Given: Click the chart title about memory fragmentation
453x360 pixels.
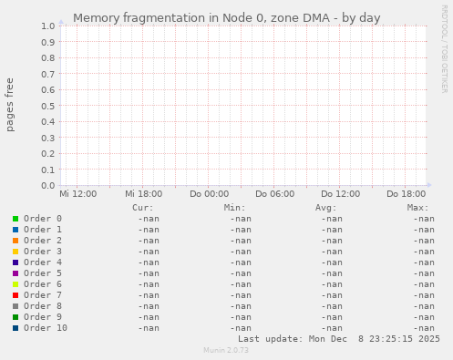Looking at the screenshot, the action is (226, 17).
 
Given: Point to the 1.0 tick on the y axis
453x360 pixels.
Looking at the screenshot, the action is (47, 26).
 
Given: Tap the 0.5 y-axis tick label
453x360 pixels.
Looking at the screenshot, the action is (47, 106).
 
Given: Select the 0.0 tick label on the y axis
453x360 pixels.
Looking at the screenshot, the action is (47, 186).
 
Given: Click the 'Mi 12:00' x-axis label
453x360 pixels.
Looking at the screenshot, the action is (77, 194).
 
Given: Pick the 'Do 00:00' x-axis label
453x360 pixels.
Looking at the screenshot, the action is (209, 194).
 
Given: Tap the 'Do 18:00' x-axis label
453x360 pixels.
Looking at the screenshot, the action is (406, 194).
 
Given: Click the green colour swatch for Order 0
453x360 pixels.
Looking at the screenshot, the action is (15, 219).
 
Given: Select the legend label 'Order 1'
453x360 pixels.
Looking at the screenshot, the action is (43, 230).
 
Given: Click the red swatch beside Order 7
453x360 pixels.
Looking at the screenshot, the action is (15, 295).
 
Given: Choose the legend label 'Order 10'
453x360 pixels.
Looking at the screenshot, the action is (46, 328).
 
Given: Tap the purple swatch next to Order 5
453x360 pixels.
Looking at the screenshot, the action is (15, 273).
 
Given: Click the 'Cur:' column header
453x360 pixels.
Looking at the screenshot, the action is (142, 208).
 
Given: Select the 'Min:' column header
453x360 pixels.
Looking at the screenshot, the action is (234, 208).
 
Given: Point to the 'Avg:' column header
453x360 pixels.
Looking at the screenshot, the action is (325, 208).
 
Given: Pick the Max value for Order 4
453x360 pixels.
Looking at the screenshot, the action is (423, 262).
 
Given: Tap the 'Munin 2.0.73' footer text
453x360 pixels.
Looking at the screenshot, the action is (226, 350).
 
